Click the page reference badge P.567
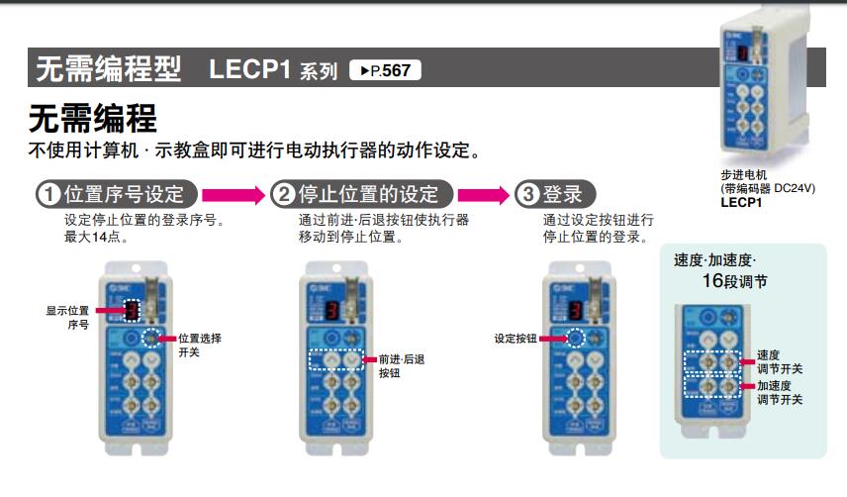(x=385, y=70)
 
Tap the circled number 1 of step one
(x=47, y=194)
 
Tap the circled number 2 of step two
(x=283, y=194)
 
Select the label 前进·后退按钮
(x=401, y=366)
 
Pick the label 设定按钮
(x=515, y=339)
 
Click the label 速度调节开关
(x=779, y=361)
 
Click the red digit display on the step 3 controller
(x=574, y=313)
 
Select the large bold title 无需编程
(x=92, y=120)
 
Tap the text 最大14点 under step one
(x=95, y=238)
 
